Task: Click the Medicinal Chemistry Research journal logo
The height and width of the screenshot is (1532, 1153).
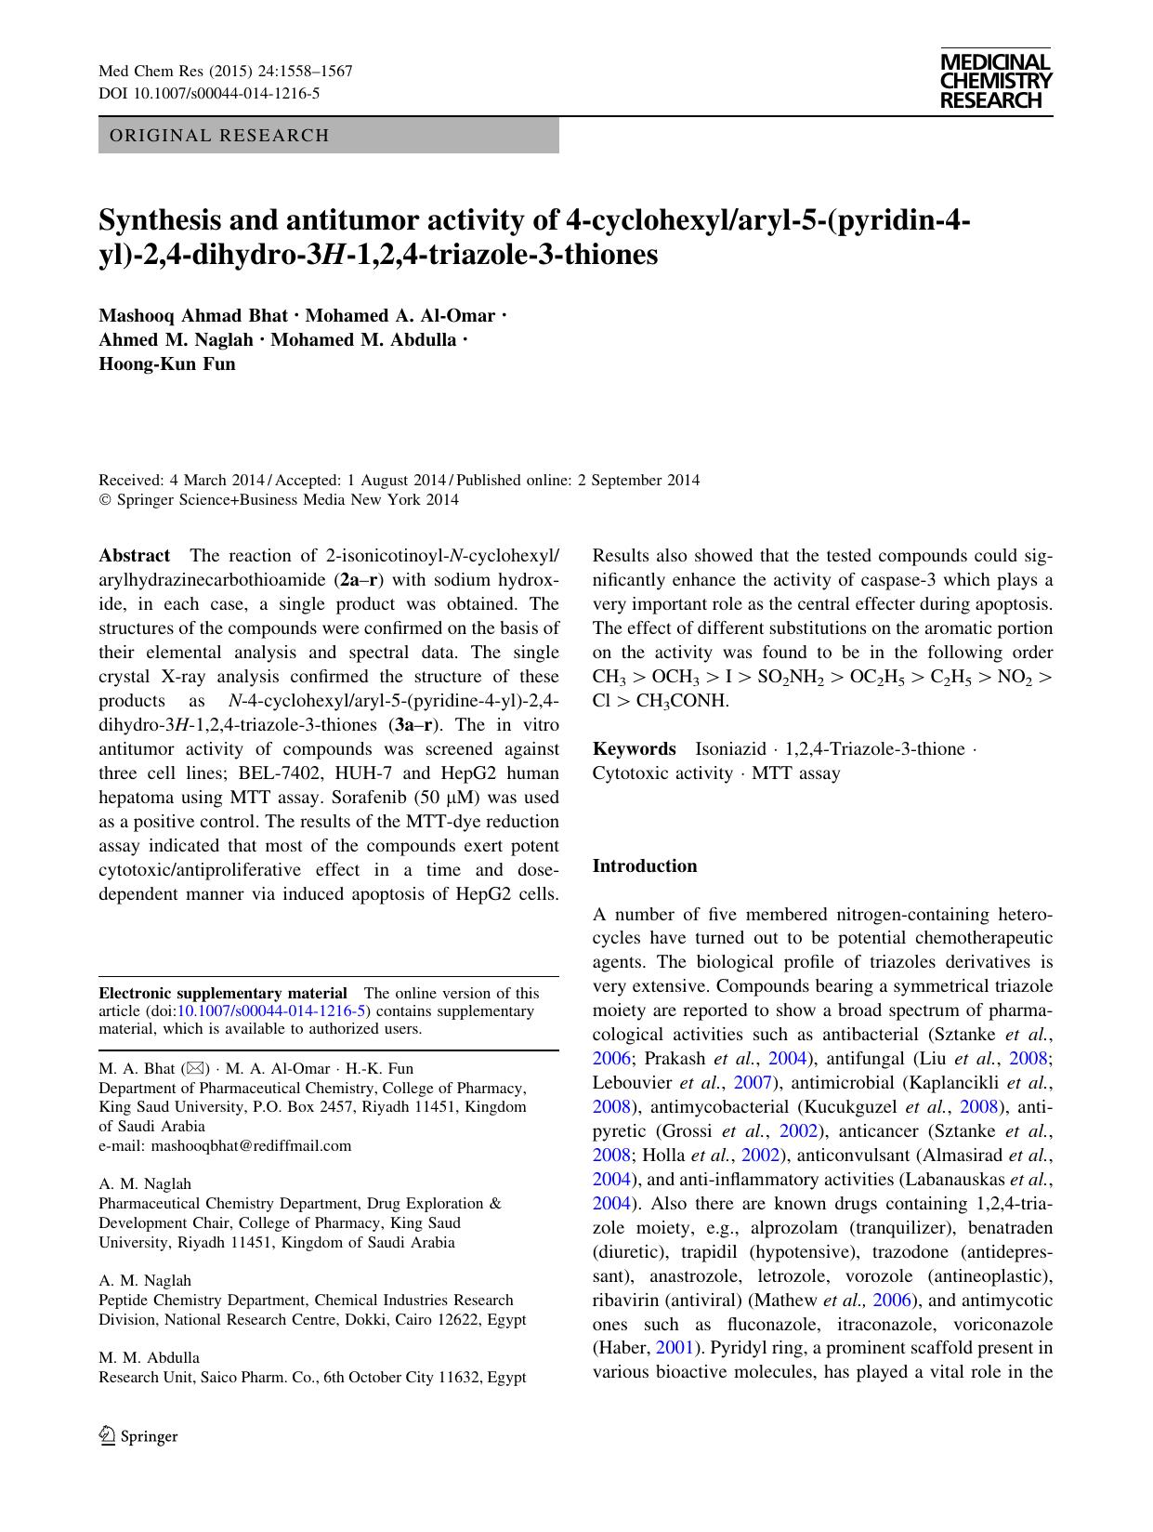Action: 995,82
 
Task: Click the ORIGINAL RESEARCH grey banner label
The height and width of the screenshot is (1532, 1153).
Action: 219,136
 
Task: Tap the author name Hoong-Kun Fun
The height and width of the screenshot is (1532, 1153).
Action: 167,363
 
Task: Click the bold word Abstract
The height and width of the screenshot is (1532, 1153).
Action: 135,556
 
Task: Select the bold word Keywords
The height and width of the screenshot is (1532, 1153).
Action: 635,749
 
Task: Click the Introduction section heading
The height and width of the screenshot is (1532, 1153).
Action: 645,866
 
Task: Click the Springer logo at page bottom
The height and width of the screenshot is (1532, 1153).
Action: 138,1435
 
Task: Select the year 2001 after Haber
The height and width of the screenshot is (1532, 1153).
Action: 675,1348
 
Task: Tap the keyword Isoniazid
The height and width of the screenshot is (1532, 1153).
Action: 730,749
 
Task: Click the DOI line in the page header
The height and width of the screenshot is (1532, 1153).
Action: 209,93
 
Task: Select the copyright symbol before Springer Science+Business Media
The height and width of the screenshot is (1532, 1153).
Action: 105,500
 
